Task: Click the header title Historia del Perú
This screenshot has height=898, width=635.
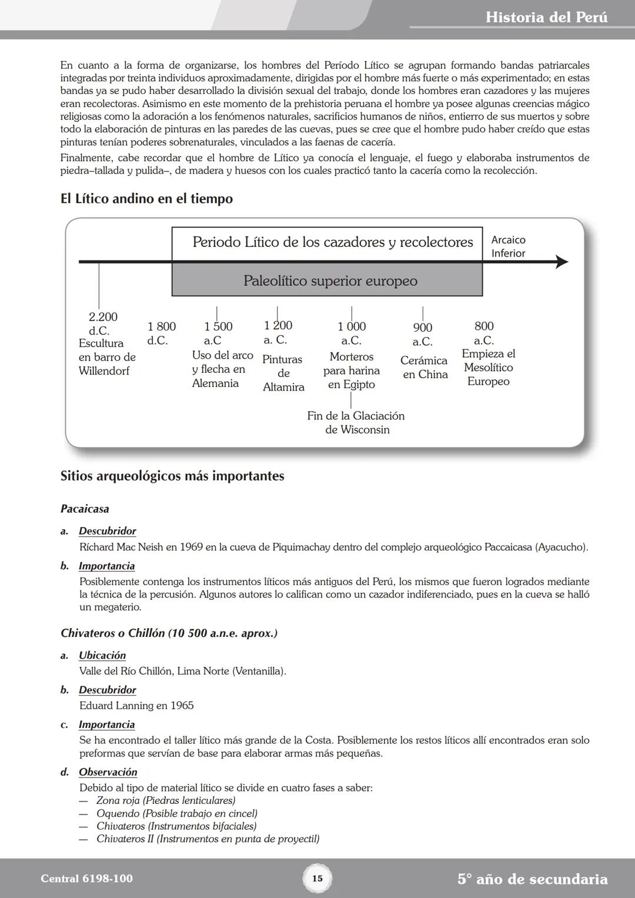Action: (x=546, y=17)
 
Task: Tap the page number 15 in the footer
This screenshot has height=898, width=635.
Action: (x=317, y=879)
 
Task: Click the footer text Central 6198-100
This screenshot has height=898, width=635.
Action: (x=86, y=879)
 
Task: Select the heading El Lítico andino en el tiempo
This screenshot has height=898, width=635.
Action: (x=146, y=199)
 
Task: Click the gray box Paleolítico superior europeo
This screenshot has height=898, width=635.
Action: (x=330, y=281)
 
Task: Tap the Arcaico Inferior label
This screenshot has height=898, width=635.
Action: (x=508, y=246)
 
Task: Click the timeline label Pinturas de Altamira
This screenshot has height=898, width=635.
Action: (x=283, y=373)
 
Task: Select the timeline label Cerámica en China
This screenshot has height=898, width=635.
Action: (x=425, y=368)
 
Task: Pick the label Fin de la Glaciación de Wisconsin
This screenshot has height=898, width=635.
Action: (x=356, y=423)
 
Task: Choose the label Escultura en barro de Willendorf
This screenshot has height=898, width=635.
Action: (x=106, y=357)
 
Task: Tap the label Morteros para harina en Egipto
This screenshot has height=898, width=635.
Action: (x=352, y=370)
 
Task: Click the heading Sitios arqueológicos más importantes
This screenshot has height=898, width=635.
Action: (x=172, y=476)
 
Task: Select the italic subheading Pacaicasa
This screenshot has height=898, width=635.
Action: (x=85, y=509)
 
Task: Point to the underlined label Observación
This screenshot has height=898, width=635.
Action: (x=108, y=772)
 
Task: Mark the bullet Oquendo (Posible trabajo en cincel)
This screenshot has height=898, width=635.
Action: (x=176, y=813)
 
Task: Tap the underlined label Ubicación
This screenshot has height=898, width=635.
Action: (x=102, y=655)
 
